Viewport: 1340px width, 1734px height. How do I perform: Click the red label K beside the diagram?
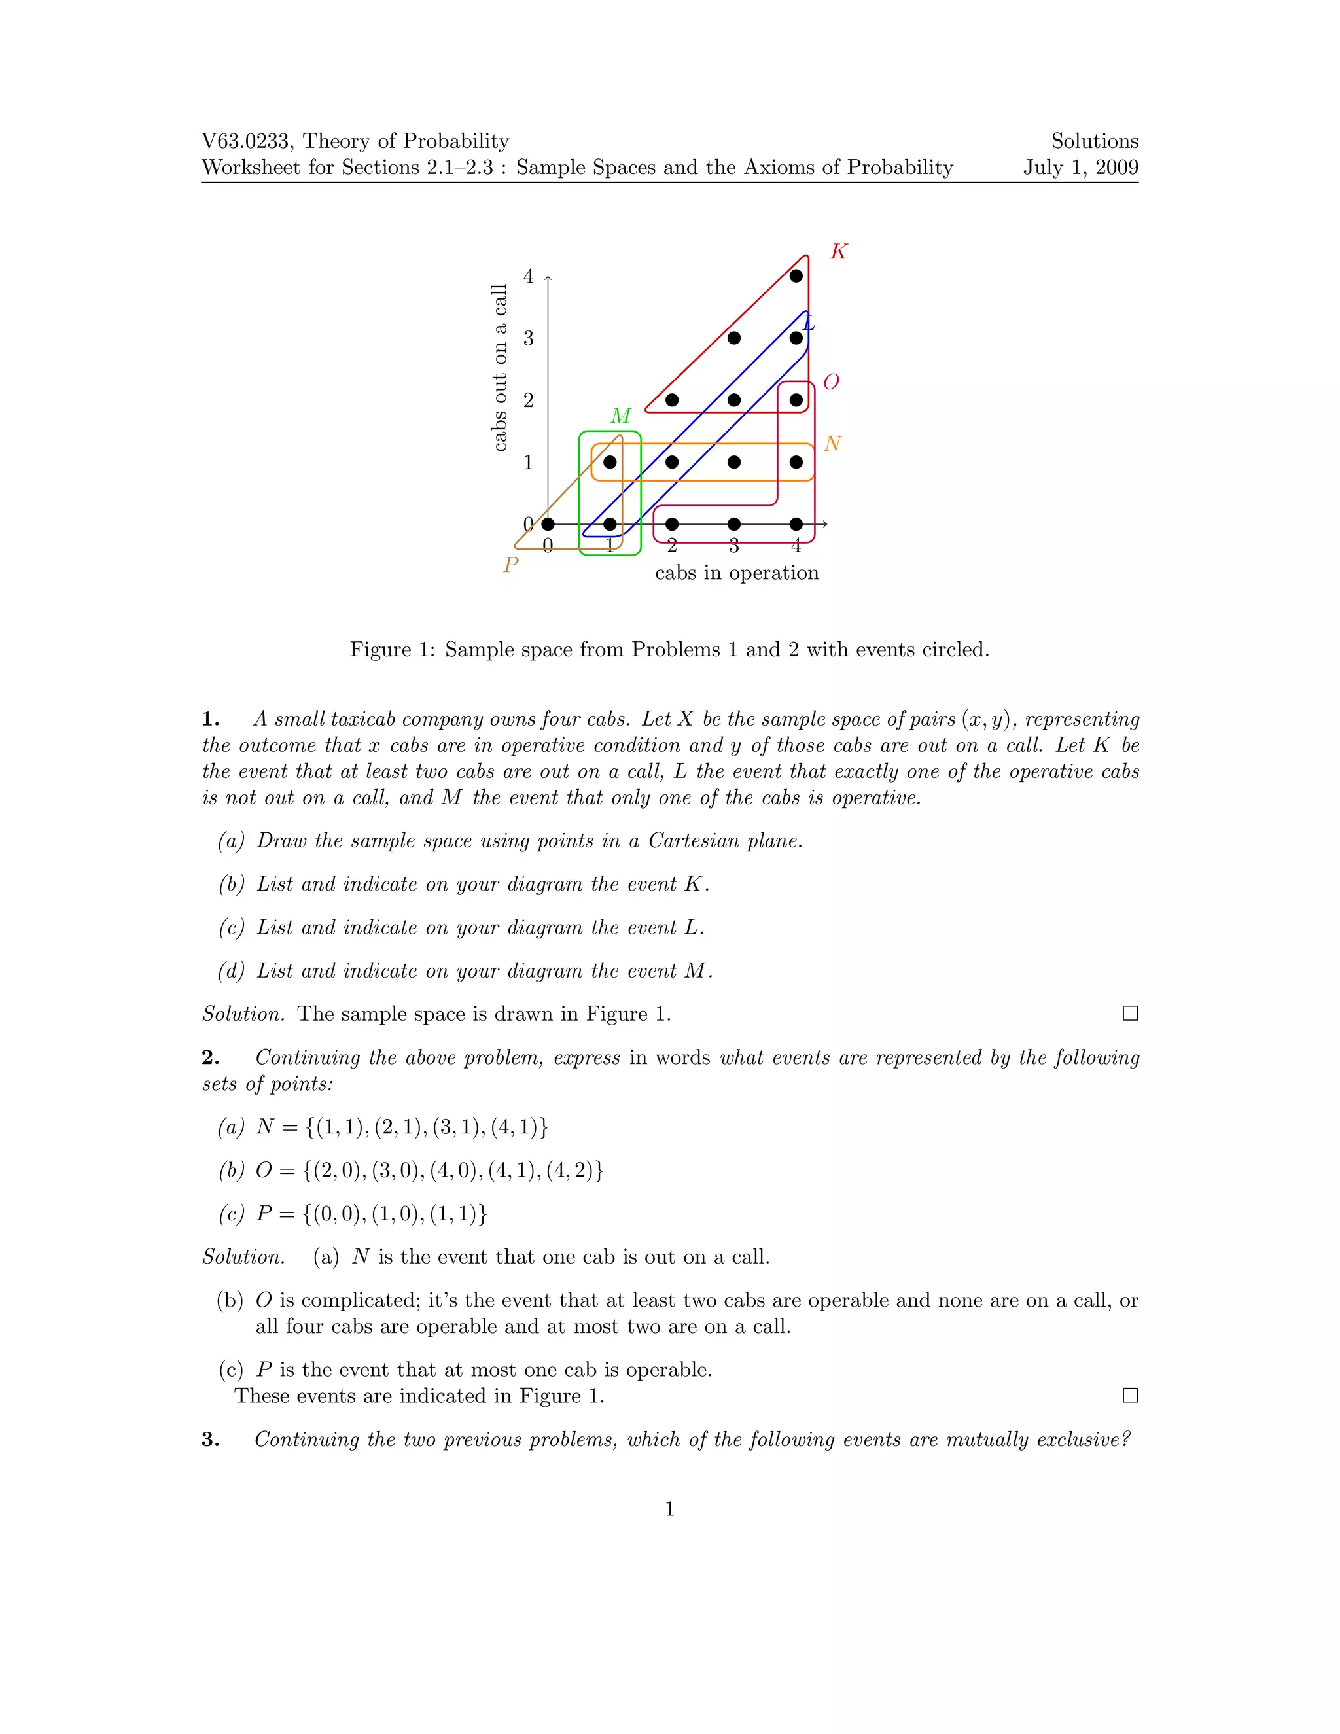point(838,252)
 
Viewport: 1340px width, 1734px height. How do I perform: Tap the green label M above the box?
point(621,416)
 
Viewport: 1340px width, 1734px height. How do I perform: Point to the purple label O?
point(831,382)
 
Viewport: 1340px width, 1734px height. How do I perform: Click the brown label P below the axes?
point(511,565)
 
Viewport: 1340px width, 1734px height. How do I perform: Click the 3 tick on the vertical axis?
point(529,338)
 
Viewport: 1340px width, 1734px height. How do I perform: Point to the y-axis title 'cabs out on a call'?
point(499,368)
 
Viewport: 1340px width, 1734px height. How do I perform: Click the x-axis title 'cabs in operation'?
point(737,573)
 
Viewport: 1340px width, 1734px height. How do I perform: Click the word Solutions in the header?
point(1094,141)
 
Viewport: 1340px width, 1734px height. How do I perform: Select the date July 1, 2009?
point(1080,168)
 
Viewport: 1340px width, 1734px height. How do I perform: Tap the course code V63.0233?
point(246,141)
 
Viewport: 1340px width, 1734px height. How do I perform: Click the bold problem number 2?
point(209,1057)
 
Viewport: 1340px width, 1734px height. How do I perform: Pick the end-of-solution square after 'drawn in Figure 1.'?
point(1129,1014)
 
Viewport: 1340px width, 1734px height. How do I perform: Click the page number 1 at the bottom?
point(669,1510)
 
